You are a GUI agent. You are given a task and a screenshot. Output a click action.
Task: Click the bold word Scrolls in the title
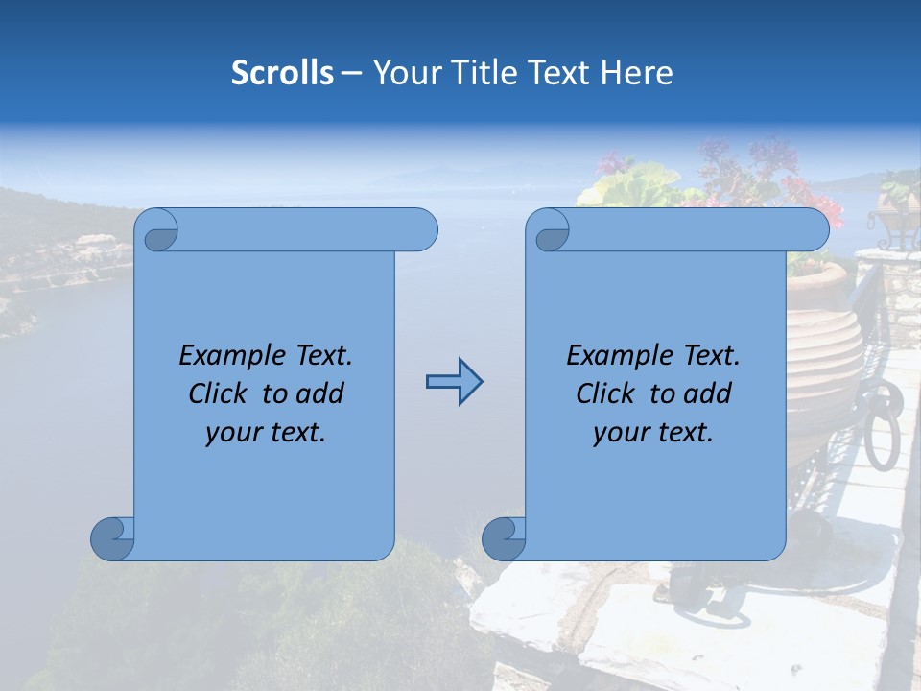tap(282, 73)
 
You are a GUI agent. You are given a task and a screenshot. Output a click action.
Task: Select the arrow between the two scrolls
tap(454, 382)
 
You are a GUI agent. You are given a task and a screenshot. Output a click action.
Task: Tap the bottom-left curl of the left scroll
tap(112, 538)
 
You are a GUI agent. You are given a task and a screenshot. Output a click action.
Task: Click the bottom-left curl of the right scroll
tap(504, 538)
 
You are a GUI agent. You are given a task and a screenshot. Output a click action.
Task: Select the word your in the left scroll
tap(230, 433)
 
